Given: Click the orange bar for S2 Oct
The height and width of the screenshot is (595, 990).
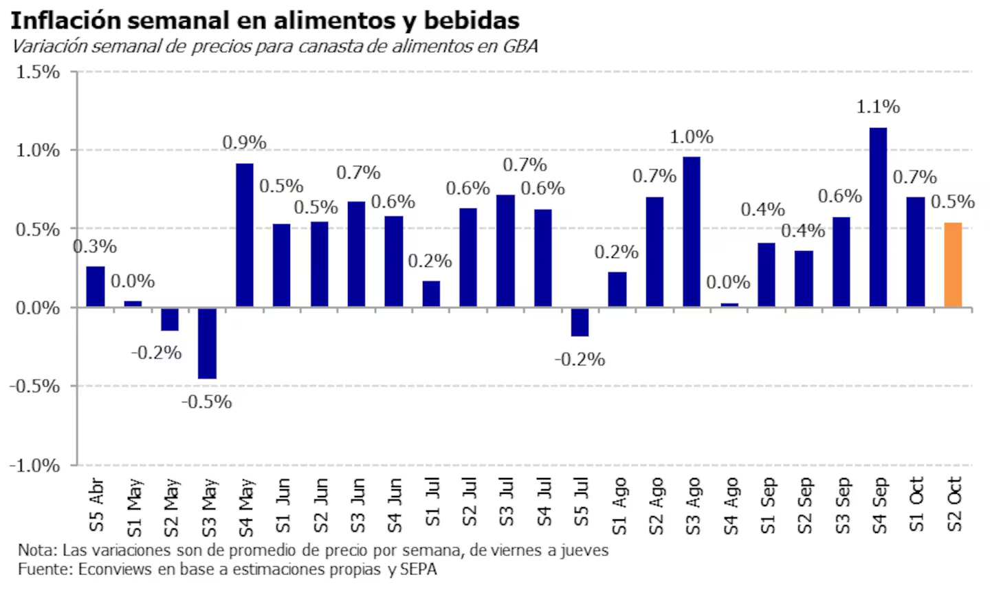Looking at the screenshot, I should pos(953,265).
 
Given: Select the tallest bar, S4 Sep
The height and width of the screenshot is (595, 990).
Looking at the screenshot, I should pos(878,217).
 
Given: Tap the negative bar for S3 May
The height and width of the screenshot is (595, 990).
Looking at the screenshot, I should pos(208,343).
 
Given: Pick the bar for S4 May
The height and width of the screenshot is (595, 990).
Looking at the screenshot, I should pos(245,235).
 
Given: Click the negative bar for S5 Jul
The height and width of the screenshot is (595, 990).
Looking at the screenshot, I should pos(580,322).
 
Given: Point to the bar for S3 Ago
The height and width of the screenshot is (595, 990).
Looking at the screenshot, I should pos(692,232).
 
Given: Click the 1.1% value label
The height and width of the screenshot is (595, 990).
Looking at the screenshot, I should pos(878,107).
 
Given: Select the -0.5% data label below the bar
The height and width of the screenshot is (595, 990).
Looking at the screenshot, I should pos(206,402).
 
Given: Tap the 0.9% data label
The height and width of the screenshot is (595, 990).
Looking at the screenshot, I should pos(244,142).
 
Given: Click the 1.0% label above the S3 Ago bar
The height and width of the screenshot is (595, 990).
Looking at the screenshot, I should pos(692,137).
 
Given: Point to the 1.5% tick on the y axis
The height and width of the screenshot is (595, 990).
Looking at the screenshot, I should pos(38,72).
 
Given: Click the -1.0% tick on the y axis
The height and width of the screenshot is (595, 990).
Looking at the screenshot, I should pos(34,466).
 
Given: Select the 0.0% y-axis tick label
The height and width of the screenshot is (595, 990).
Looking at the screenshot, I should pos(38,308).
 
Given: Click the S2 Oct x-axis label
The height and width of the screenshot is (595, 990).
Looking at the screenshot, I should pos(954,504).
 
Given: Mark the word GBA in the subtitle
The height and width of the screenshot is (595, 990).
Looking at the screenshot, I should pos(520,46).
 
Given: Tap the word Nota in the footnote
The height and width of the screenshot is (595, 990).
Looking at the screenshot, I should pos(36,550).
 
